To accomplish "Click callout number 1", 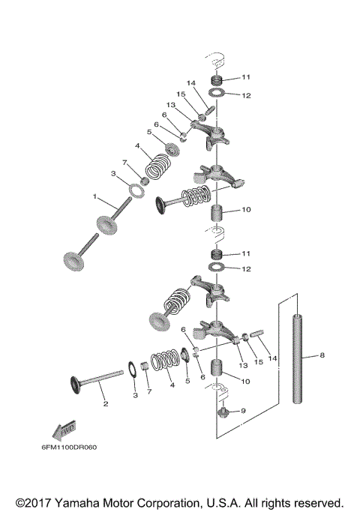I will (x=95, y=196).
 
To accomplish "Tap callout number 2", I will (x=106, y=403).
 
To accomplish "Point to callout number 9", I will (x=241, y=411).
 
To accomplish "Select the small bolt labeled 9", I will (x=222, y=409).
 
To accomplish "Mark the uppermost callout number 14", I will (x=191, y=82).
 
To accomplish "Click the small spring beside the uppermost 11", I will (x=215, y=79).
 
